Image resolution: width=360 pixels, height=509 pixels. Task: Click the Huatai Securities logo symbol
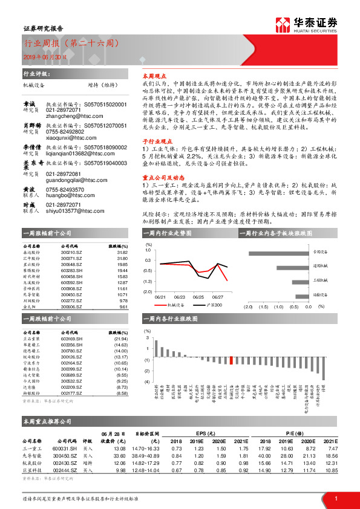281,24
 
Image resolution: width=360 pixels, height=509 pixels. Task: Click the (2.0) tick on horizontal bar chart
247,307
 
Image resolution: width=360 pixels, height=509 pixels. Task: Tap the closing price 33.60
119,456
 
